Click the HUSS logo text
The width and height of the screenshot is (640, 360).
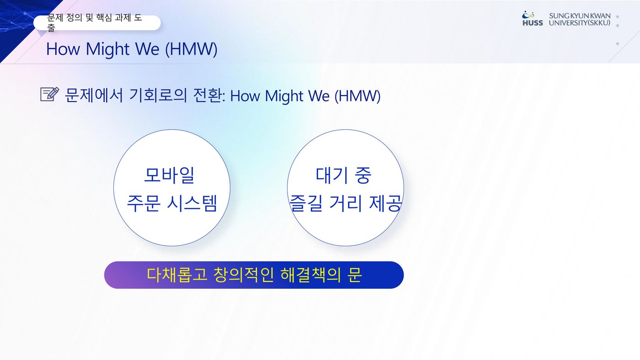point(533,23)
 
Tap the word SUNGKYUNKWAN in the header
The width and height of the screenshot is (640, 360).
point(580,16)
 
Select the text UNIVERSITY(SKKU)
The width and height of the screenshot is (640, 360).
point(580,23)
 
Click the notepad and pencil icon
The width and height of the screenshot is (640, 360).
point(50,94)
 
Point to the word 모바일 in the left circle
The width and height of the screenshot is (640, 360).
point(170,175)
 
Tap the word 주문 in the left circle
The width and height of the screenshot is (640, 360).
point(143,203)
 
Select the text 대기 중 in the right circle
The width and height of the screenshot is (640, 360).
point(343,175)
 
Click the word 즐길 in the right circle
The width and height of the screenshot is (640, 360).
point(306,203)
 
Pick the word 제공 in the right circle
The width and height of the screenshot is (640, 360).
point(386,203)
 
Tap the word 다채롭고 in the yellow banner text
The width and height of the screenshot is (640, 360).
point(176,275)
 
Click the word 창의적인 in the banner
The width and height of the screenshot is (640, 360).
point(244,275)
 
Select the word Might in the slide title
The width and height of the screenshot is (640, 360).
point(108,49)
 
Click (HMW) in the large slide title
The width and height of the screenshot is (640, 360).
point(191,49)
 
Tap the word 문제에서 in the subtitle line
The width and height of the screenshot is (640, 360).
point(94,95)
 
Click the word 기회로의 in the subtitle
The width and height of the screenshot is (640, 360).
point(158,95)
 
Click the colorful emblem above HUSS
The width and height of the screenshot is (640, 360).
point(528,15)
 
